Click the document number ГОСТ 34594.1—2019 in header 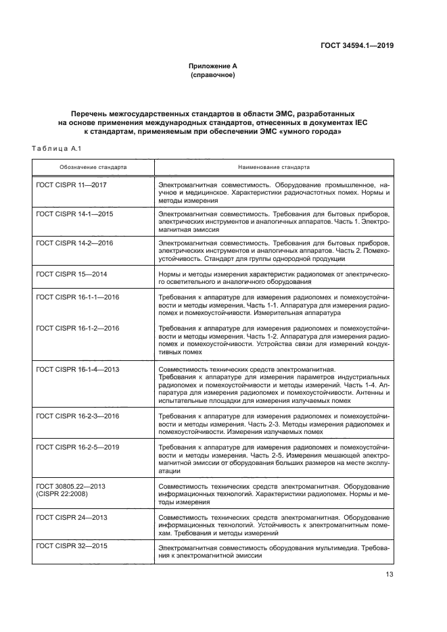356,47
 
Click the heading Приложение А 213,66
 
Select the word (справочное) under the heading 213,75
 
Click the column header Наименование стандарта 274,166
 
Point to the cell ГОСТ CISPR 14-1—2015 74,214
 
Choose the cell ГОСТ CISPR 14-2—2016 74,242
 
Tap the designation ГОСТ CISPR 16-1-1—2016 77,297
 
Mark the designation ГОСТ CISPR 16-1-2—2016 77,328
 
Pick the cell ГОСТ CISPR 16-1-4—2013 77,370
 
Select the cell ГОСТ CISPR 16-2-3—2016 77,416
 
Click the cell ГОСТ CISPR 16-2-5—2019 77,447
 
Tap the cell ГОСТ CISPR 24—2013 70,517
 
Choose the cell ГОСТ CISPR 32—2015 70,545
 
